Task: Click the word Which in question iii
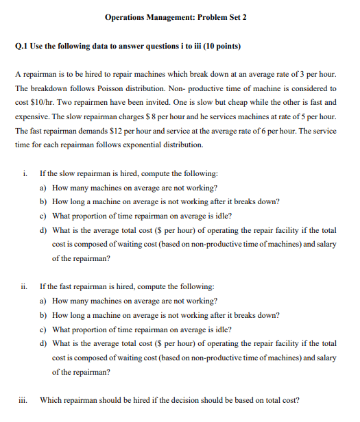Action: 51,400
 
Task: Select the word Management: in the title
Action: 174,16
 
